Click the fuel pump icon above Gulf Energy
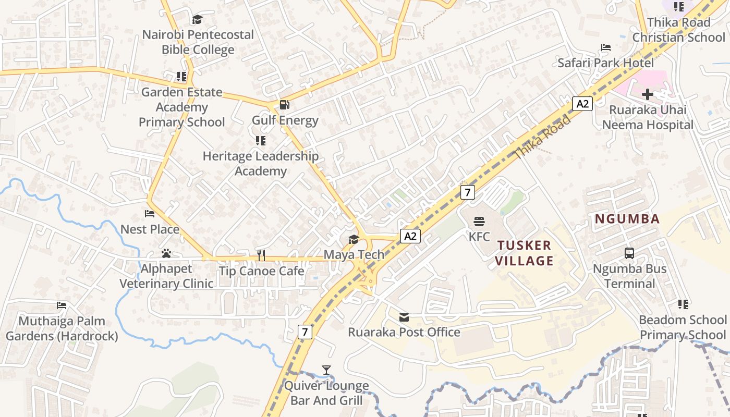(285, 105)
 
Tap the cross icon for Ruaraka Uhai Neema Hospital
(648, 94)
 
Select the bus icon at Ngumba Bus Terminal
(629, 254)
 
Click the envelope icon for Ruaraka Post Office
(404, 317)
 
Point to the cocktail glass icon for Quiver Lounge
(326, 370)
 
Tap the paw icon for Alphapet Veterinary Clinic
(166, 253)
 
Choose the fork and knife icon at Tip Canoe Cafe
(261, 255)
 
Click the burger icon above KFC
(479, 221)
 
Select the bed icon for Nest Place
(150, 214)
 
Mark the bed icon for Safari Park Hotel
(605, 47)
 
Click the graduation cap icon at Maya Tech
(354, 239)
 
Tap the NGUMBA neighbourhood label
(627, 219)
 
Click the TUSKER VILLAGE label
(524, 253)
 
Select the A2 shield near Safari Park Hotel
(582, 104)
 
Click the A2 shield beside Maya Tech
(410, 236)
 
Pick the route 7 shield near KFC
(468, 192)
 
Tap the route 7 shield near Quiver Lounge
(305, 332)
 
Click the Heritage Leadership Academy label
(260, 163)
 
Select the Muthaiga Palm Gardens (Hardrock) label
(62, 328)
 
